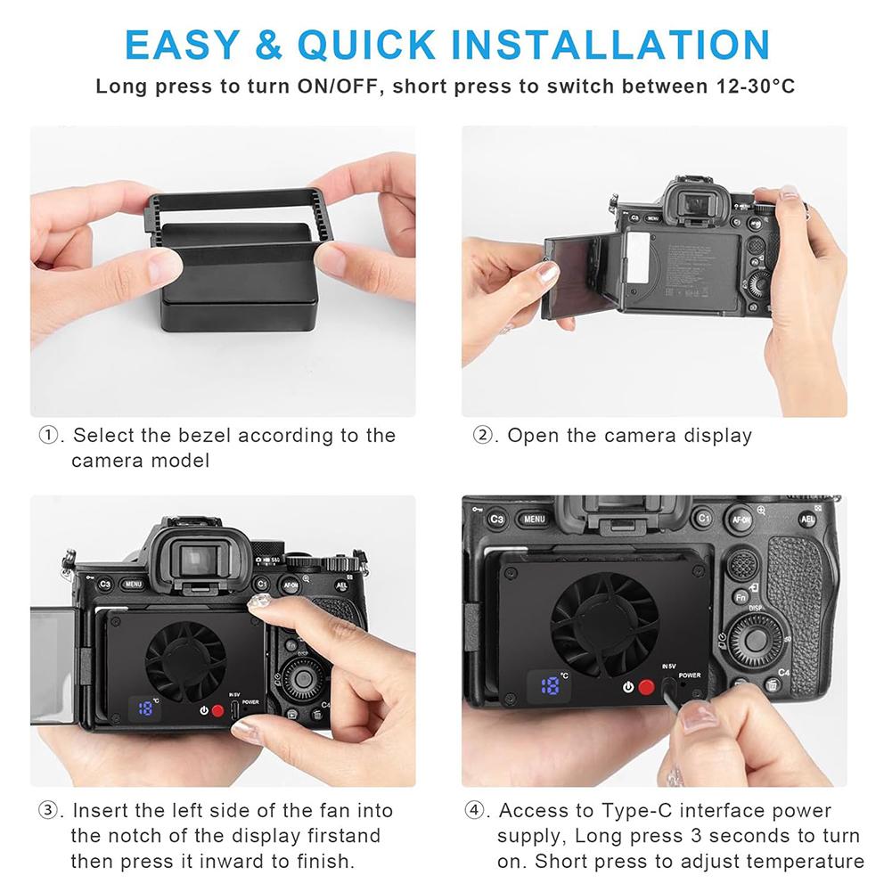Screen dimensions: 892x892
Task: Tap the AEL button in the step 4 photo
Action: [808, 520]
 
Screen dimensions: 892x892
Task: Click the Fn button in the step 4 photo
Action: [741, 597]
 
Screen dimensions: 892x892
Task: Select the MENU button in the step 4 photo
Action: [534, 519]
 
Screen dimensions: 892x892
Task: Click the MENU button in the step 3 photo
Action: [133, 585]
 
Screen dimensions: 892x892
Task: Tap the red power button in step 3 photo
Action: [217, 711]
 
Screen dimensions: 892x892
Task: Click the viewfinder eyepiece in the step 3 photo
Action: [191, 559]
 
